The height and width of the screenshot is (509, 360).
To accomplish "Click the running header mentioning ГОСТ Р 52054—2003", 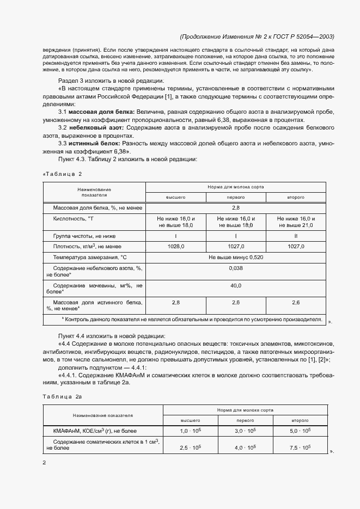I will pos(257,37).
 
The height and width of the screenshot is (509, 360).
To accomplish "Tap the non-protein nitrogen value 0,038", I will pos(235,268).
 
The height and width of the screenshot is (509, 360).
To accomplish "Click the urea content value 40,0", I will pos(235,285).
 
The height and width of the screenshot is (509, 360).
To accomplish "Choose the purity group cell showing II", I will pos(296,236).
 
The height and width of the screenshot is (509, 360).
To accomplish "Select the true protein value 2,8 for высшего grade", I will pos(175,302).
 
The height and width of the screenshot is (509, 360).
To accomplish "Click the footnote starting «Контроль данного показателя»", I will pos(191,320).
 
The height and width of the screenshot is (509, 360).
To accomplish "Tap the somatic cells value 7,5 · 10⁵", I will pos(300,447).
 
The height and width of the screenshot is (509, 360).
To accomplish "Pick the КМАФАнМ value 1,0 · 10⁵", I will pos(191,431).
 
